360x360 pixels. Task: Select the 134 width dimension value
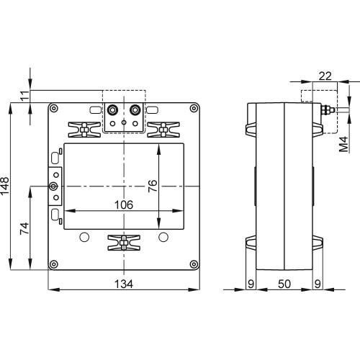pos(124,284)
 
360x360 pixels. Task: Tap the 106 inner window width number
pos(124,204)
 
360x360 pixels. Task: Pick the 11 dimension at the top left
pos(24,97)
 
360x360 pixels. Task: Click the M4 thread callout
pos(344,143)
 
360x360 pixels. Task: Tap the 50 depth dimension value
pos(284,284)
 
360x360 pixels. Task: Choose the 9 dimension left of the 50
pos(251,284)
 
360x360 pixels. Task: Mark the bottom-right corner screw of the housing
pos(193,264)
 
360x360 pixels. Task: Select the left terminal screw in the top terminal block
pos(113,111)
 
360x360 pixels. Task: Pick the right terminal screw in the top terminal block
pos(135,111)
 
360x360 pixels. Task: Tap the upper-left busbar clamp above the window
pos(84,129)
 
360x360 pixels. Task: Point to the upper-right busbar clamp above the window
pos(164,129)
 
